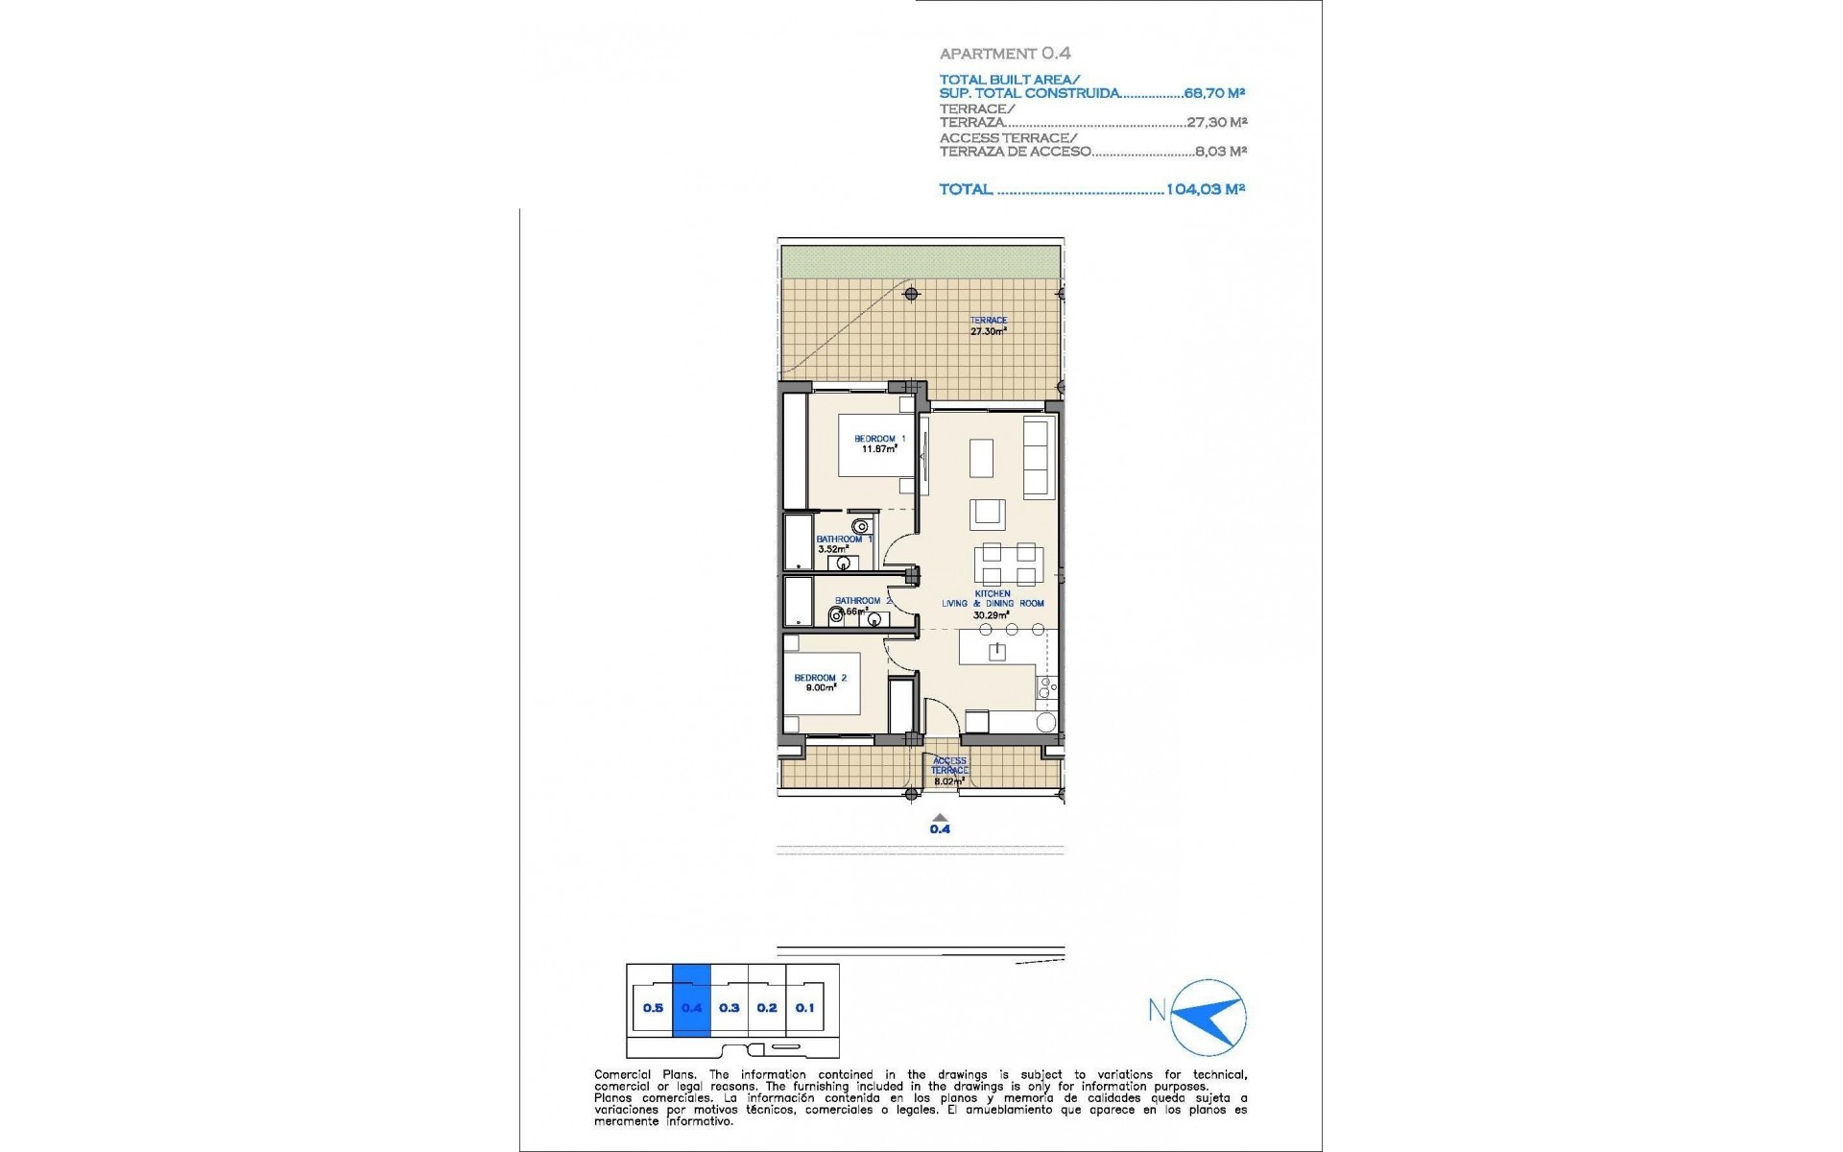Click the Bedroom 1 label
point(879,439)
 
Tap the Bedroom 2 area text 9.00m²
point(821,687)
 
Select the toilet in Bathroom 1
point(862,526)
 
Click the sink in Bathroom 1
point(844,563)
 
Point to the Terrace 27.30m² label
point(988,326)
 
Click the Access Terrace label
point(949,766)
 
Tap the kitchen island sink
point(997,653)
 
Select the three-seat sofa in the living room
point(1038,457)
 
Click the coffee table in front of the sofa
point(981,458)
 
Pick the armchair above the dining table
point(987,514)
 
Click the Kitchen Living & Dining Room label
point(993,603)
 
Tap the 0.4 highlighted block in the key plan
point(691,1008)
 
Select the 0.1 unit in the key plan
point(804,1008)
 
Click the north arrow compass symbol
point(1209,1018)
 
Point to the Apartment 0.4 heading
point(1005,54)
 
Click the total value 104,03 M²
point(1205,189)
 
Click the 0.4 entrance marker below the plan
point(940,826)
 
